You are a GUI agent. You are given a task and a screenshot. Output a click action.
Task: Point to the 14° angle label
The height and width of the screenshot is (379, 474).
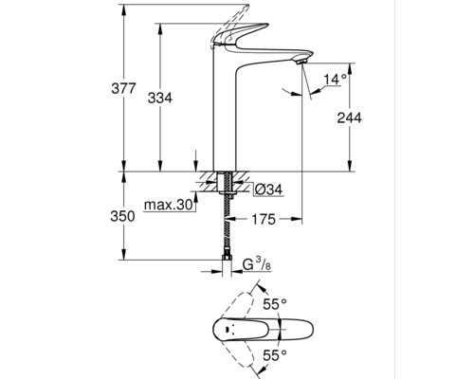pyautogui.click(x=333, y=79)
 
